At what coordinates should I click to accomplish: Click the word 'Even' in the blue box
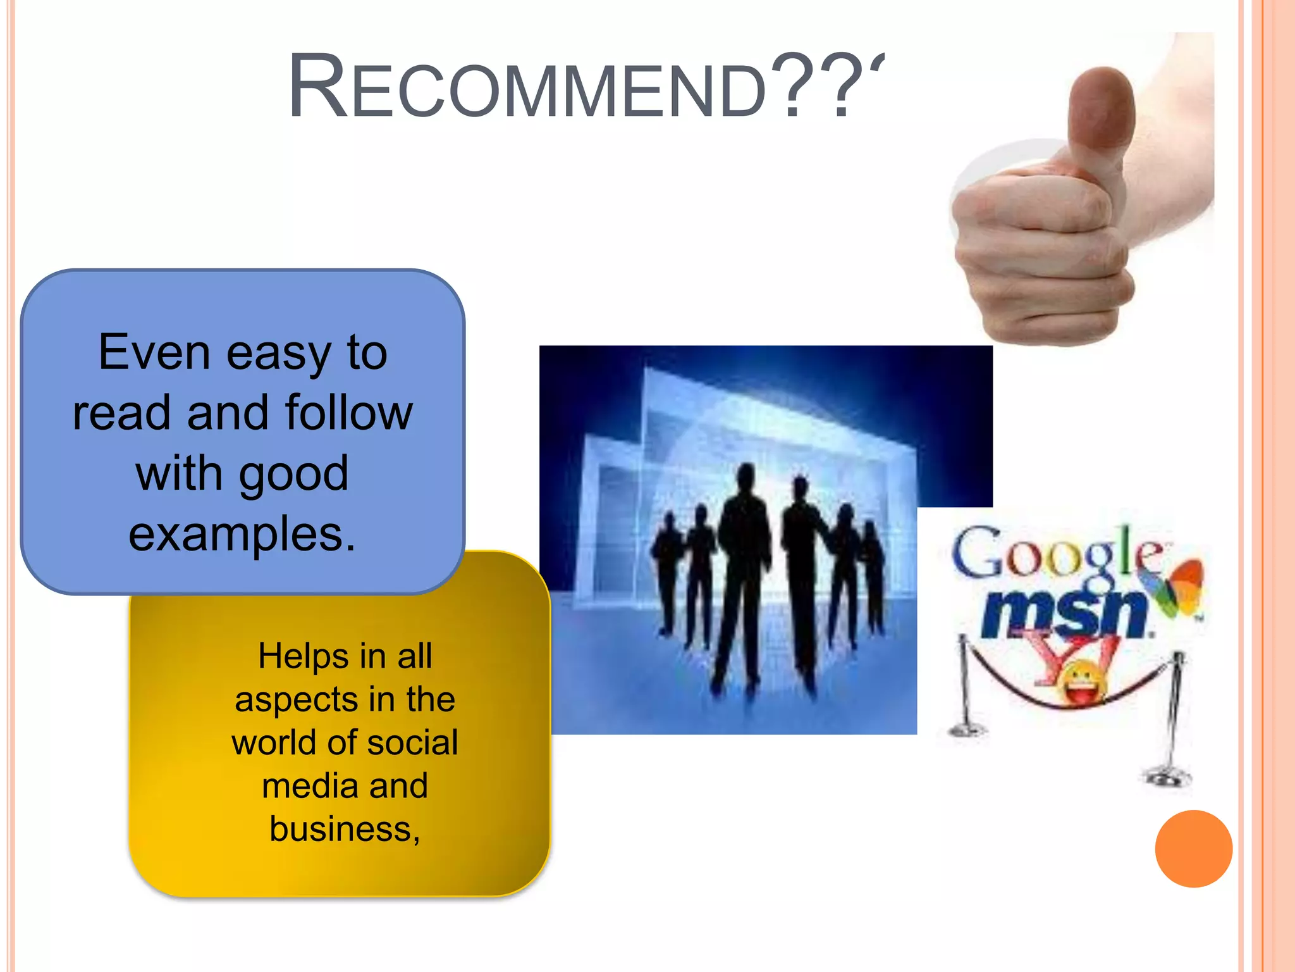154,352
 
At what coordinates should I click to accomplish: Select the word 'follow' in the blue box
348,413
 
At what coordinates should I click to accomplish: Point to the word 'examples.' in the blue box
242,534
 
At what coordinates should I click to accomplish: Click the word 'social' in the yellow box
412,743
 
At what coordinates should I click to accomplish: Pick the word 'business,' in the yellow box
345,830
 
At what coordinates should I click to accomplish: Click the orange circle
1193,849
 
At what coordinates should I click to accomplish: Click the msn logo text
1065,613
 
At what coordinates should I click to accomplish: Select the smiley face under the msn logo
1083,683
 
